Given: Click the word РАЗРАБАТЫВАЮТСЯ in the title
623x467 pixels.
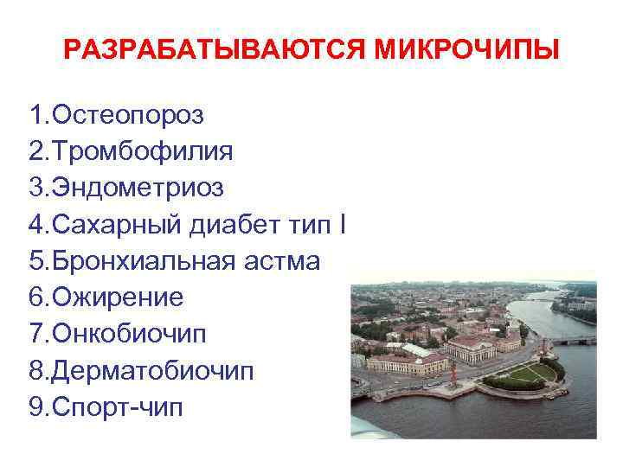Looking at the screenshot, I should tap(215, 49).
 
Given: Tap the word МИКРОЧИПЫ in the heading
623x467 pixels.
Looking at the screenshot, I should tap(467, 49).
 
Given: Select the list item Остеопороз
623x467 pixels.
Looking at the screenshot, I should tap(130, 114).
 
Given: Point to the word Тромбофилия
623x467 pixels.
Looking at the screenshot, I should tap(143, 151).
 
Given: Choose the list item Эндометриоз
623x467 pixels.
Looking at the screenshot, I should tap(138, 188).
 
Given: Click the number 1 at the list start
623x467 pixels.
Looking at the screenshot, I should tap(35, 114).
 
